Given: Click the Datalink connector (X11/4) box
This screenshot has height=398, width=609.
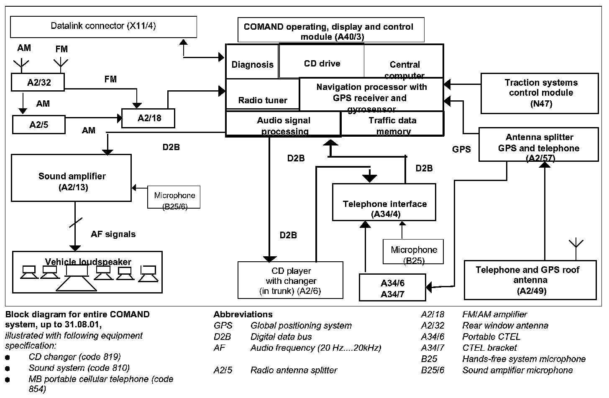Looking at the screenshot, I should [x=103, y=26].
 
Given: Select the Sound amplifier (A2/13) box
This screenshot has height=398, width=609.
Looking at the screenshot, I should [x=72, y=178].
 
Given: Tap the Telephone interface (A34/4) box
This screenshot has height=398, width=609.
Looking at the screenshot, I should [x=384, y=202].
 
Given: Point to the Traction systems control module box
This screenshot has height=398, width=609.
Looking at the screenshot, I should [x=540, y=93].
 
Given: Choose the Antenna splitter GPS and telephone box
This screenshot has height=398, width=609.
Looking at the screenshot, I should [x=539, y=145].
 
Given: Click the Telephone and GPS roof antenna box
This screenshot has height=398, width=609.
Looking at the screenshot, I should [x=530, y=280].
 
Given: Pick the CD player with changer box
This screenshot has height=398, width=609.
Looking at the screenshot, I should [x=290, y=280].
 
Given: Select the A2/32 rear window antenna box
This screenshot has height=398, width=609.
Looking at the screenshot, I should [x=38, y=82].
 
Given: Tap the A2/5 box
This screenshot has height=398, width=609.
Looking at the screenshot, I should [x=38, y=125].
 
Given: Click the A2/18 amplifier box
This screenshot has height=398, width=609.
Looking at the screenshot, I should [x=148, y=118].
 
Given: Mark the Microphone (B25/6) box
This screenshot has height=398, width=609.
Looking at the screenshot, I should [x=174, y=197].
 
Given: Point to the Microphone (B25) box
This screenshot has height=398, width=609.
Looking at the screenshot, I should [x=413, y=252].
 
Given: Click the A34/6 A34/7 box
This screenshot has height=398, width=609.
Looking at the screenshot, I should [x=392, y=288].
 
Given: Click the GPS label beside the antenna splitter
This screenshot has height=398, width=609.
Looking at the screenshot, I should [x=461, y=149].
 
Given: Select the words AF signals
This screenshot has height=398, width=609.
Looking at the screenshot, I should [x=113, y=234].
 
